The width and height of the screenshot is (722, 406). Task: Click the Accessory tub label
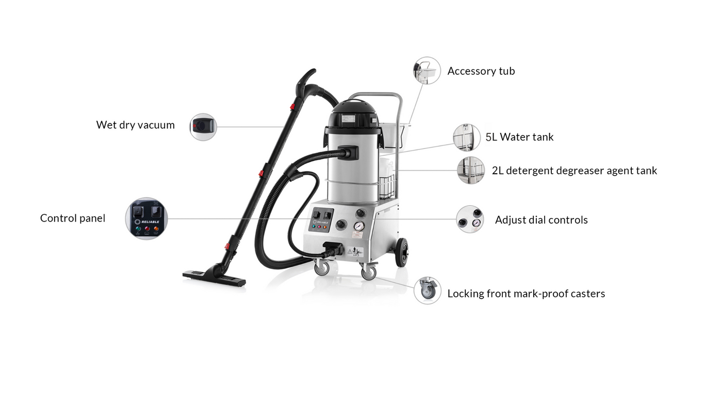pyautogui.click(x=481, y=71)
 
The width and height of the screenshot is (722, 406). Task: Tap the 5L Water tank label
pyautogui.click(x=519, y=137)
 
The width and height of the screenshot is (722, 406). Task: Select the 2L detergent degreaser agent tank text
pyautogui.click(x=574, y=171)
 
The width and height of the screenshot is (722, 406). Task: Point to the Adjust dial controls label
pyautogui.click(x=541, y=220)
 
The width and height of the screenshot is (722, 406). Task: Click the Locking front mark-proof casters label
pyautogui.click(x=526, y=294)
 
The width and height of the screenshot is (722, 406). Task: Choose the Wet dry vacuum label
pyautogui.click(x=135, y=125)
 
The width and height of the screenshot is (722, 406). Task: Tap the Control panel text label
pyautogui.click(x=73, y=218)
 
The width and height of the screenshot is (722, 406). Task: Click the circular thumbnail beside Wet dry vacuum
pyautogui.click(x=203, y=127)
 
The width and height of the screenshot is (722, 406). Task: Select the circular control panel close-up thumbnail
pyautogui.click(x=146, y=218)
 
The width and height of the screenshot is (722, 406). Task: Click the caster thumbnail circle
pyautogui.click(x=428, y=291)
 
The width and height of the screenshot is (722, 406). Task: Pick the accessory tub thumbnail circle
pyautogui.click(x=427, y=71)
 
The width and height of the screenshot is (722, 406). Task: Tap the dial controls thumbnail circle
pyautogui.click(x=470, y=219)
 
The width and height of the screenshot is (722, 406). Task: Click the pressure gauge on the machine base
pyautogui.click(x=359, y=226)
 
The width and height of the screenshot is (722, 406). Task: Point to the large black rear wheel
pyautogui.click(x=402, y=252)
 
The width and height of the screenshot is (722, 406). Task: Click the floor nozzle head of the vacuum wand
pyautogui.click(x=215, y=278)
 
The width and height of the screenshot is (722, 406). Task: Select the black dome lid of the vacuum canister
pyautogui.click(x=352, y=115)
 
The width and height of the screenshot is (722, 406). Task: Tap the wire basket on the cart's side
pyautogui.click(x=387, y=187)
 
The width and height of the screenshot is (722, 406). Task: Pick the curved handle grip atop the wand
pyautogui.click(x=306, y=83)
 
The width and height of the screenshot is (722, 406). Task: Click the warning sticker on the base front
pyautogui.click(x=355, y=252)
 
